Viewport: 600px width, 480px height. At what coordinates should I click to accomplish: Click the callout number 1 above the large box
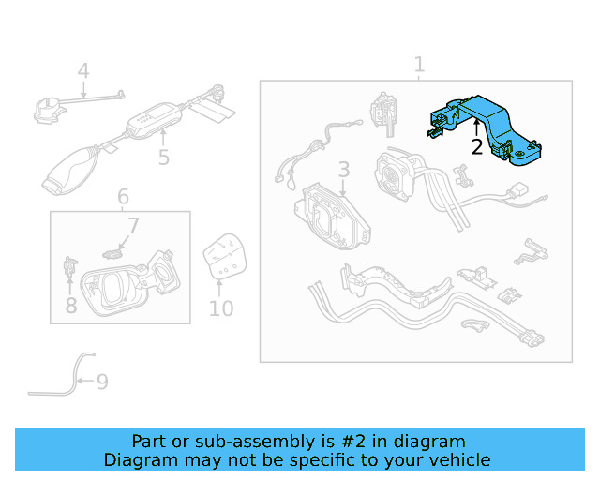click(x=419, y=65)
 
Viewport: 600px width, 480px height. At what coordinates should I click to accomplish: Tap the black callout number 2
click(x=477, y=146)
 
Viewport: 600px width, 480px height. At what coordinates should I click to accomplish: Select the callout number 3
click(x=344, y=169)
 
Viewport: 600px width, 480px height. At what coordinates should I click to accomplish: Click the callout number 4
click(x=83, y=71)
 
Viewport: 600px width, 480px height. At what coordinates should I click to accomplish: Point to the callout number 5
click(x=164, y=157)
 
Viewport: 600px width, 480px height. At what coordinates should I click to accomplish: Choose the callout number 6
click(x=123, y=196)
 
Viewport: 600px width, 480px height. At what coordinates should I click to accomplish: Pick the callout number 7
click(x=133, y=226)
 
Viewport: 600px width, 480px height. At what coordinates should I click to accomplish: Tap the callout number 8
click(x=71, y=306)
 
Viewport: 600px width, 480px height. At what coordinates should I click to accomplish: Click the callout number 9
click(x=102, y=382)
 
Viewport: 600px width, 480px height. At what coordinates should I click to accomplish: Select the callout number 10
click(x=221, y=308)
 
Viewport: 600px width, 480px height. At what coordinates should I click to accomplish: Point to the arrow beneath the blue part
click(x=476, y=127)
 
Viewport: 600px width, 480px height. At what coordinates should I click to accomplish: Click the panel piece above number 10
click(x=225, y=256)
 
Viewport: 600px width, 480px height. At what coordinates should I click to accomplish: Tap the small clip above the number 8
click(x=70, y=266)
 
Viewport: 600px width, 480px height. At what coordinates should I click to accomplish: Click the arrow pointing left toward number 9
click(x=85, y=381)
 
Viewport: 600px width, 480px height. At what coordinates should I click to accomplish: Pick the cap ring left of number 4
click(x=48, y=111)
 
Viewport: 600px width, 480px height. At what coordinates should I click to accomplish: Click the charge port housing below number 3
click(x=332, y=217)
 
